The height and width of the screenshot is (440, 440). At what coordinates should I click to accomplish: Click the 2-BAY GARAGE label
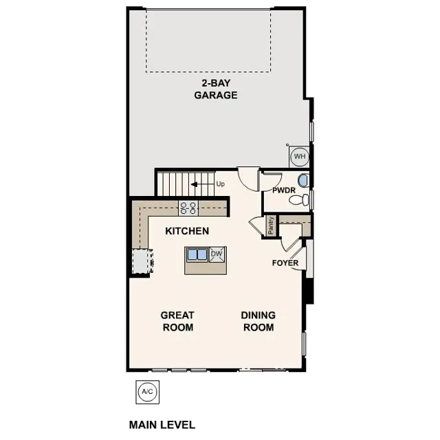coord(215,89)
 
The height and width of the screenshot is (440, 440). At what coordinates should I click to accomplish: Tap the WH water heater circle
coord(299,157)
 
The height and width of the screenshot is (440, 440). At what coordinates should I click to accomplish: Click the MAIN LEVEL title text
coord(162,425)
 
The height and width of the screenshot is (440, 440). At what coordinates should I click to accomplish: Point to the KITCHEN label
coord(187,231)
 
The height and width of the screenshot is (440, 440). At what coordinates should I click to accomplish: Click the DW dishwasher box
coord(217,254)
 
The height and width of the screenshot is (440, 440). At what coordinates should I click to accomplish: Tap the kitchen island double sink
coord(197,254)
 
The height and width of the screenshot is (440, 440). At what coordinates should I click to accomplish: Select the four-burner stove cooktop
coord(188,207)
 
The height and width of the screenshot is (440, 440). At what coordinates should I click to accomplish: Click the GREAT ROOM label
coord(177,321)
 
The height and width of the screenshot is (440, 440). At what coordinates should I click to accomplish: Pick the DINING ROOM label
coord(258,321)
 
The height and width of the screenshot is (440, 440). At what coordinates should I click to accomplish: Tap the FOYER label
coord(285,263)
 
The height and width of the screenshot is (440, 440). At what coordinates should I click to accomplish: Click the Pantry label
coord(271,225)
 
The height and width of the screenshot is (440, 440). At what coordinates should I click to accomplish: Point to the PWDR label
coord(284,190)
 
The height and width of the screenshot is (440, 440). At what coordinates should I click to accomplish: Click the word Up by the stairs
coord(220,184)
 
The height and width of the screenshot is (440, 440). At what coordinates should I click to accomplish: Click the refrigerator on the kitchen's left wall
coord(141,261)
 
